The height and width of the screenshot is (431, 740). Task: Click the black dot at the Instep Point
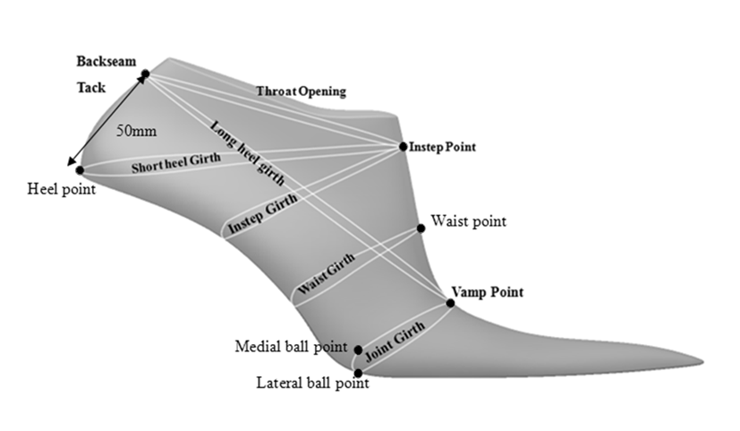pyautogui.click(x=402, y=146)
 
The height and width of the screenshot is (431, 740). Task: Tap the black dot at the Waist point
pyautogui.click(x=421, y=228)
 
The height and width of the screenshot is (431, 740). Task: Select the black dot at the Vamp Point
pyautogui.click(x=450, y=303)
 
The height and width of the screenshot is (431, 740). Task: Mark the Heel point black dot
pyautogui.click(x=80, y=169)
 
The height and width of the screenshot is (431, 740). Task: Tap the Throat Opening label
pyautogui.click(x=301, y=91)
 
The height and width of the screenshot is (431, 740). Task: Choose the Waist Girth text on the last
pyautogui.click(x=325, y=273)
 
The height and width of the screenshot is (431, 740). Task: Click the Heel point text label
pyautogui.click(x=59, y=189)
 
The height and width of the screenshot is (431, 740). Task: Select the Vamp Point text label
pyautogui.click(x=488, y=293)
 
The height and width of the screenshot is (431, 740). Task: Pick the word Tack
pyautogui.click(x=91, y=89)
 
